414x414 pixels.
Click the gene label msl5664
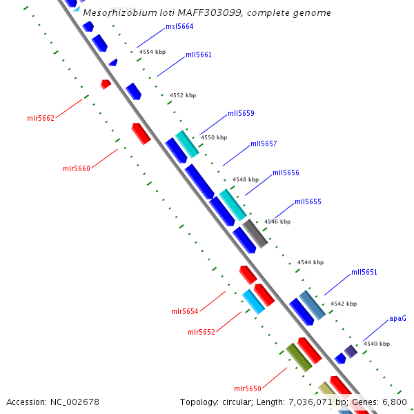[179, 26]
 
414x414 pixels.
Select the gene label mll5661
[199, 55]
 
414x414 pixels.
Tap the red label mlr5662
[41, 118]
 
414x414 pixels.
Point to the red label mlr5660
[77, 168]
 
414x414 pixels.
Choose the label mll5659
[241, 113]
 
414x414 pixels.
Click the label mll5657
[264, 144]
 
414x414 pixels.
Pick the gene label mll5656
[286, 172]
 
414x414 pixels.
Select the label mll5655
[308, 201]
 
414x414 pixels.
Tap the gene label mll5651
[364, 272]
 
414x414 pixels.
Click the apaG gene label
[397, 319]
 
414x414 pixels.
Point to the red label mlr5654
[185, 311]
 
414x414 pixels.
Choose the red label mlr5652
[201, 332]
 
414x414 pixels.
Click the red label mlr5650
[248, 388]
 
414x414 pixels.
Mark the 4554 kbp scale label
[152, 52]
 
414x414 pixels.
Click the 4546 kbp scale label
[277, 221]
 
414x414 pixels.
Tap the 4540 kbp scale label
[377, 344]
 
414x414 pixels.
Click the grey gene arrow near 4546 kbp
[255, 233]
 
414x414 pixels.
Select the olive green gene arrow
[299, 357]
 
